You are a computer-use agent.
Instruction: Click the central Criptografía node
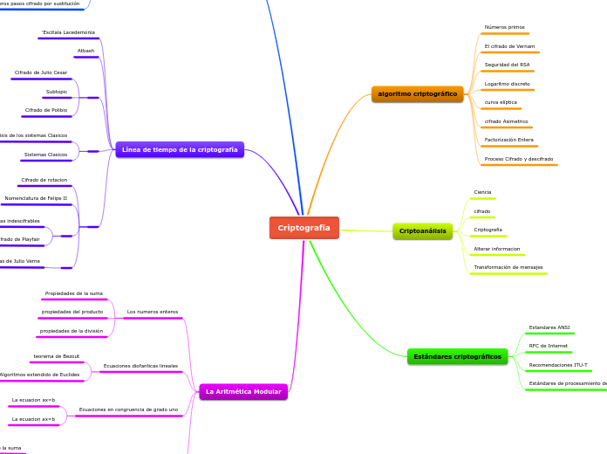coord(303,228)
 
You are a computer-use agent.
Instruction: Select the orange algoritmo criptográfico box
coord(417,93)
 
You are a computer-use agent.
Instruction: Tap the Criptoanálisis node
coord(422,231)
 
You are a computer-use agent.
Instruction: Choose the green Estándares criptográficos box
coord(457,356)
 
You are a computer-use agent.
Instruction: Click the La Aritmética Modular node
coord(243,392)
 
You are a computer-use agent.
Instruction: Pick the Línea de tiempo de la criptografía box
coord(180,149)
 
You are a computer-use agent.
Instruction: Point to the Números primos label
coord(504,27)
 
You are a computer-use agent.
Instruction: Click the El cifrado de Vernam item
coord(509,46)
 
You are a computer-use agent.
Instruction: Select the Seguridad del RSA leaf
coord(507,65)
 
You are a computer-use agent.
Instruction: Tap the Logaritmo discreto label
coord(507,84)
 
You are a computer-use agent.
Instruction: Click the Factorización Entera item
coord(508,140)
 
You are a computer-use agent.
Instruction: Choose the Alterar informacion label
coord(496,249)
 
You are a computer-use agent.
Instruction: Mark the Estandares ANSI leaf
coord(549,327)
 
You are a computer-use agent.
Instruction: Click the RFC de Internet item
coord(548,346)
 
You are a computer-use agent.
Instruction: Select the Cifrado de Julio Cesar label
coord(41,72)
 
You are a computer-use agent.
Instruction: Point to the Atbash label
coord(85,51)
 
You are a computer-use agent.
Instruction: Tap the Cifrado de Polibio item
coord(46,110)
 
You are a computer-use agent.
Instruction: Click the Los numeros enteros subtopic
coord(152,312)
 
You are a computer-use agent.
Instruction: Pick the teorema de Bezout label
coord(57,356)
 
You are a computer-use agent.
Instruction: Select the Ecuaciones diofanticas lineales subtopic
coord(140,366)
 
